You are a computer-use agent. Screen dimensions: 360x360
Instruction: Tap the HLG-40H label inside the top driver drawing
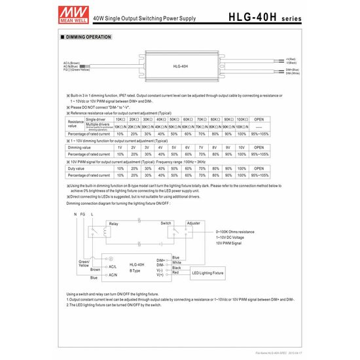click(x=180, y=67)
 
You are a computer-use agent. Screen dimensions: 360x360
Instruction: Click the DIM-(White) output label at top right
click(x=292, y=73)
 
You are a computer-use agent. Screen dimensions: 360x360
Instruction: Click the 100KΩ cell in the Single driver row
click(x=241, y=120)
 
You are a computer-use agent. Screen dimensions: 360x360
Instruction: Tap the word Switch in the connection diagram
click(x=166, y=223)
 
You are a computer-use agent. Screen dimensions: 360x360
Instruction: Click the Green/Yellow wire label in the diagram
click(x=84, y=263)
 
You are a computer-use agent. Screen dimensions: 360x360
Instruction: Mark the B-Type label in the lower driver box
click(x=135, y=270)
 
